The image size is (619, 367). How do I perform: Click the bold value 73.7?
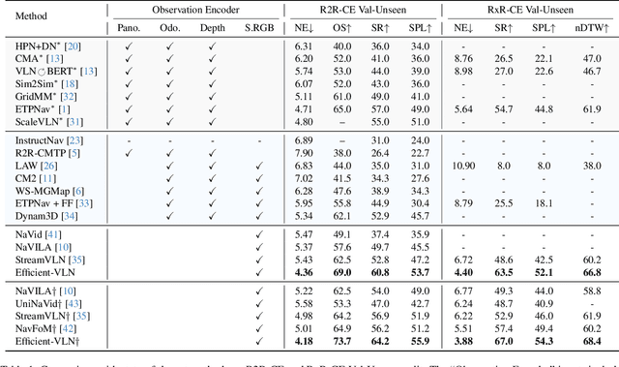(340, 342)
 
